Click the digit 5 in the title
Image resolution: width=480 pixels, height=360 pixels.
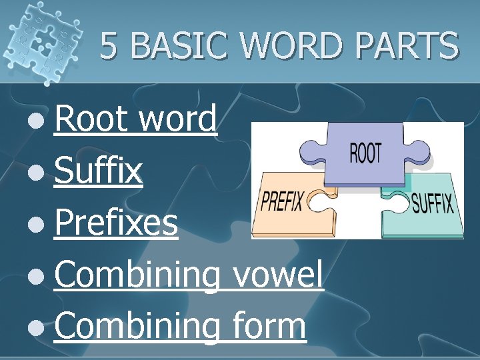pyautogui.click(x=111, y=47)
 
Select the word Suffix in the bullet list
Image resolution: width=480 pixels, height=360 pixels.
pyautogui.click(x=99, y=171)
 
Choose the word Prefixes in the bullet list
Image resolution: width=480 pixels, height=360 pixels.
pyautogui.click(x=116, y=223)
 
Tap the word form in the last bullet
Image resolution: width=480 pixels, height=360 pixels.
pyautogui.click(x=270, y=326)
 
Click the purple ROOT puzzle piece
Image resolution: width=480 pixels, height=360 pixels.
pyautogui.click(x=363, y=153)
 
